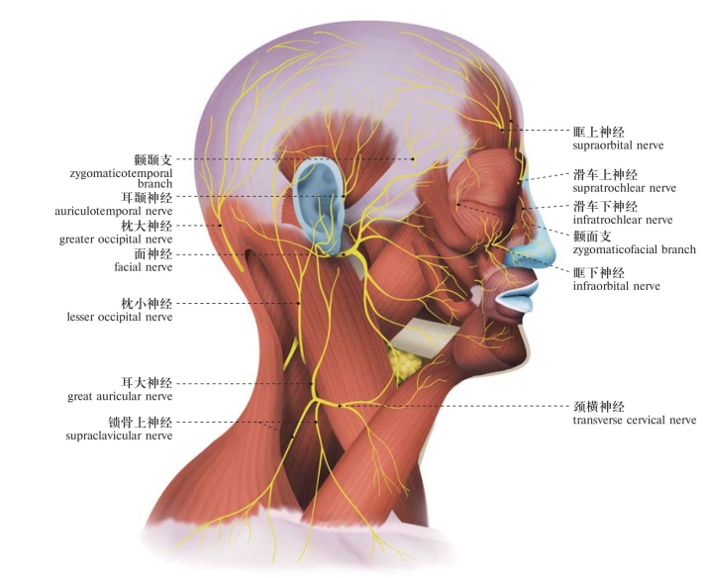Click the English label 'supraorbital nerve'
click(x=618, y=145)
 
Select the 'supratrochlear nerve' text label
click(x=625, y=188)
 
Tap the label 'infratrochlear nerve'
click(x=623, y=220)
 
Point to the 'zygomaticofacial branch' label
click(x=635, y=249)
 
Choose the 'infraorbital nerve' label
click(x=616, y=286)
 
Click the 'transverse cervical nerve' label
click(x=635, y=421)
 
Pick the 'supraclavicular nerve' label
click(x=119, y=435)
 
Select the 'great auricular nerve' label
click(x=120, y=397)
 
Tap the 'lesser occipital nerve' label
click(x=120, y=317)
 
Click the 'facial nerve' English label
click(x=144, y=267)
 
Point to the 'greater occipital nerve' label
click(x=116, y=240)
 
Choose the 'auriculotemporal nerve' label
click(x=114, y=211)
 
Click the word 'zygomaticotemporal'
click(x=121, y=173)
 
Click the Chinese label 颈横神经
click(x=599, y=407)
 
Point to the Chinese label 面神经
click(x=153, y=254)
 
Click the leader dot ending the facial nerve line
click(x=344, y=254)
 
